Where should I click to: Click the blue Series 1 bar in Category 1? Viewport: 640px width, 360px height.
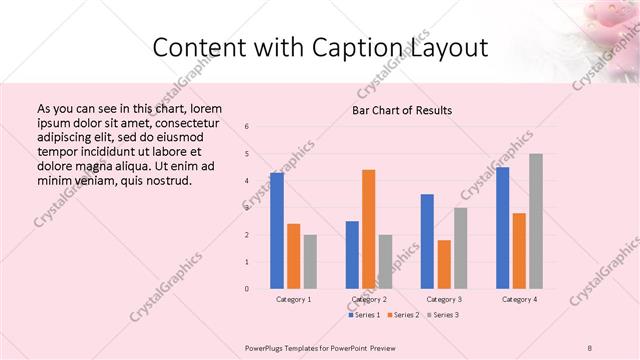pos(277,230)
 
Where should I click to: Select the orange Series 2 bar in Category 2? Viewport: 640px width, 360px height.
pos(368,229)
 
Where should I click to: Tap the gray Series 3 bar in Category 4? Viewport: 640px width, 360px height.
pos(536,221)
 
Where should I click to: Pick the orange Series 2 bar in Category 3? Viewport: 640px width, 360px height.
pos(444,264)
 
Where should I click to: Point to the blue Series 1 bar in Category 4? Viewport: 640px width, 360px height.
pos(502,228)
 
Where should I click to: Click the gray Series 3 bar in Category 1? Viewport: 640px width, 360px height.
pos(310,261)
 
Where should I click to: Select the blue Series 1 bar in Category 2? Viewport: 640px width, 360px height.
pos(352,255)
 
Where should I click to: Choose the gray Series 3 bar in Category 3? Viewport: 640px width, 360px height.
pos(460,248)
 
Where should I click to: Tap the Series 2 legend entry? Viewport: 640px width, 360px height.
pos(403,315)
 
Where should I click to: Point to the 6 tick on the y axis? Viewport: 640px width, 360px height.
pos(247,126)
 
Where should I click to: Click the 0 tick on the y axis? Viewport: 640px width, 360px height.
pos(247,289)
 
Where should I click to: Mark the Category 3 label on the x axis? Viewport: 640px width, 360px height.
pos(444,299)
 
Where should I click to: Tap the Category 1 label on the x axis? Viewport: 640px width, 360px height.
pos(293,299)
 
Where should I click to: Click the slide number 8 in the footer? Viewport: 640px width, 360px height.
pos(590,346)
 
